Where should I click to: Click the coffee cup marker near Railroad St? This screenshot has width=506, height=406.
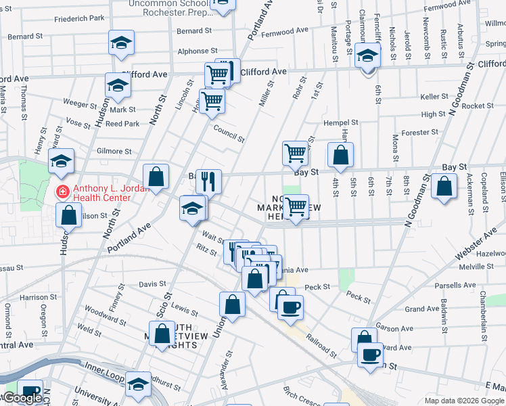tap(290, 307)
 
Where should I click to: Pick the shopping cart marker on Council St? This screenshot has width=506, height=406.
tap(212, 101)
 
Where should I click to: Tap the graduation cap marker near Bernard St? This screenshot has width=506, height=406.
tap(120, 43)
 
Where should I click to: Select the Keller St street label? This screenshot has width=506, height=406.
tap(430, 97)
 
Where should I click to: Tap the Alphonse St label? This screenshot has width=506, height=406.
tap(198, 51)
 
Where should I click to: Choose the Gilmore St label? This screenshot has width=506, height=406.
tap(114, 152)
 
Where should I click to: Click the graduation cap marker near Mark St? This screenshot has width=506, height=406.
tap(118, 86)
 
